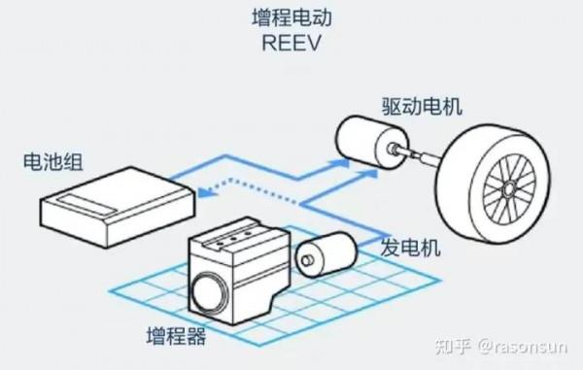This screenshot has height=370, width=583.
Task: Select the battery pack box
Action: (x=117, y=202)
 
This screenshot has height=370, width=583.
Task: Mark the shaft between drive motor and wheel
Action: (x=421, y=152)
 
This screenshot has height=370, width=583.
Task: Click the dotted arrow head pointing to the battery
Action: (x=200, y=193)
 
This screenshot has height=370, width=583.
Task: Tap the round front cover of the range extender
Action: (x=208, y=291)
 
